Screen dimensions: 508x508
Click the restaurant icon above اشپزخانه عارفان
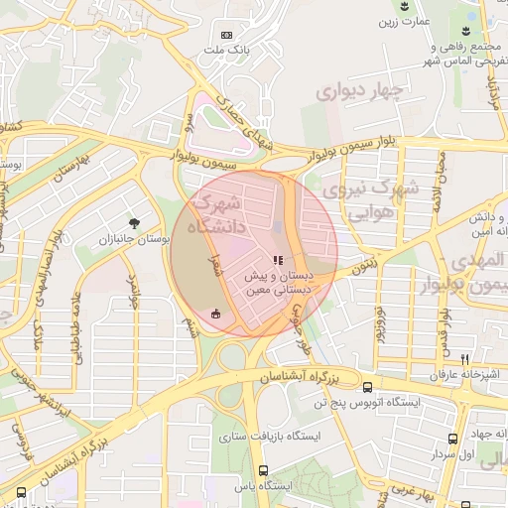coord(464,359)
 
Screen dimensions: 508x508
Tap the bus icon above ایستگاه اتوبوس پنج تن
coord(368,388)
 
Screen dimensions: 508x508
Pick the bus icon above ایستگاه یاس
coord(263,471)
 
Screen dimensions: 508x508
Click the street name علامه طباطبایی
coord(75,328)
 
